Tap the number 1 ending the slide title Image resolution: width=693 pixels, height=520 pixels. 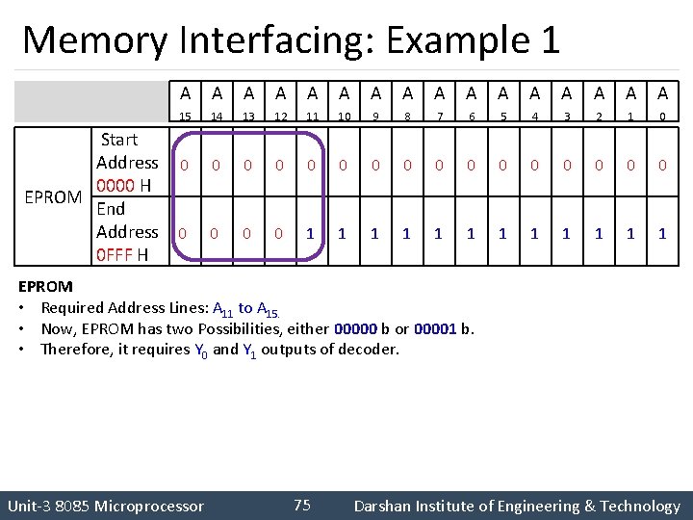[550, 40]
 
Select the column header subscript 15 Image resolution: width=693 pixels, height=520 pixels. [185, 117]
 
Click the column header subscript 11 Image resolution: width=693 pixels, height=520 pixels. [311, 117]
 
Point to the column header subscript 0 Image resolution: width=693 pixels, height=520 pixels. [662, 117]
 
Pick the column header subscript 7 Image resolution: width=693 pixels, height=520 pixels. [439, 117]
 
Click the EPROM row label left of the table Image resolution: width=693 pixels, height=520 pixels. [53, 197]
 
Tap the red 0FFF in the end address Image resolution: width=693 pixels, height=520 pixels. [115, 255]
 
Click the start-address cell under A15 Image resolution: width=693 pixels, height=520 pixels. [184, 166]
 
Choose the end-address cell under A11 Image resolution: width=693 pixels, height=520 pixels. [310, 233]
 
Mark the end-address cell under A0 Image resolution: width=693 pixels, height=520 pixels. [662, 233]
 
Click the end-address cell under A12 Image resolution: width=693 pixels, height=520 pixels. [279, 233]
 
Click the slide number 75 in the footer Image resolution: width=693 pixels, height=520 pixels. [301, 506]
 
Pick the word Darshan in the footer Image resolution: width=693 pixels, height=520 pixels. [384, 506]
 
